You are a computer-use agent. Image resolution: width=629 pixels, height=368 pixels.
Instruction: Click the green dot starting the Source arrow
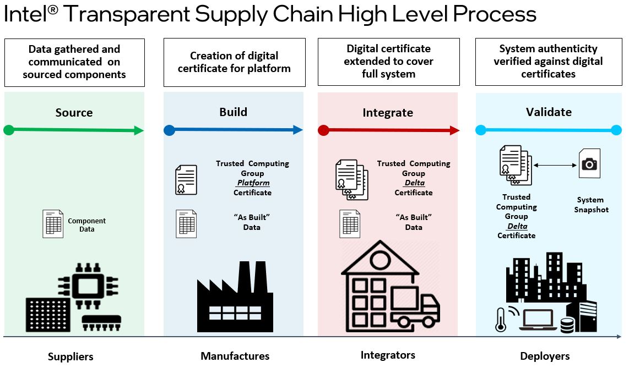pos(8,130)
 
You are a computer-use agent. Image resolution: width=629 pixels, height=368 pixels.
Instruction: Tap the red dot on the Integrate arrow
pos(323,130)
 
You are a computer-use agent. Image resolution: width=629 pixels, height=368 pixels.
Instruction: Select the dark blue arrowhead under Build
pos(298,130)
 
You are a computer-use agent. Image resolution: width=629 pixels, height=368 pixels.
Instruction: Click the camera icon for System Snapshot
pos(589,163)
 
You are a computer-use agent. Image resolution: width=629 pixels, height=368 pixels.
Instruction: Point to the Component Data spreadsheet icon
pos(53,224)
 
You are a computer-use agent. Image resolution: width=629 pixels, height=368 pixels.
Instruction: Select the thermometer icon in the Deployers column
pos(501,320)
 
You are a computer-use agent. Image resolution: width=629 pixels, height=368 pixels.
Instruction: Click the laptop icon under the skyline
pos(538,320)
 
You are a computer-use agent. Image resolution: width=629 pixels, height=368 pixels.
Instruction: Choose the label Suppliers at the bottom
pos(71,356)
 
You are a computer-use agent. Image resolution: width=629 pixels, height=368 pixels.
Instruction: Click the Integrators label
pos(388,355)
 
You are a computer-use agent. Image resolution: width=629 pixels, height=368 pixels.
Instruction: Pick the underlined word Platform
pos(253,183)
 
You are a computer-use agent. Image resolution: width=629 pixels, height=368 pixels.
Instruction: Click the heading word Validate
pos(549,112)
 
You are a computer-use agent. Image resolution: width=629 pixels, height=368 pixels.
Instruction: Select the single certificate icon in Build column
pos(186,180)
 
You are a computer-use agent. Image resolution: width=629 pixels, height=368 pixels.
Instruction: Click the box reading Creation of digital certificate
pos(234,62)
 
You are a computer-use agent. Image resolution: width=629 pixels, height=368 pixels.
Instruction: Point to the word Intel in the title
pos(25,14)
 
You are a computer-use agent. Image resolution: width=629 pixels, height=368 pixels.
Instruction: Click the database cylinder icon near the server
pos(567,326)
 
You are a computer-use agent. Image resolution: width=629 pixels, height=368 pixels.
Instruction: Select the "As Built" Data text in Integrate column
pos(414,222)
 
